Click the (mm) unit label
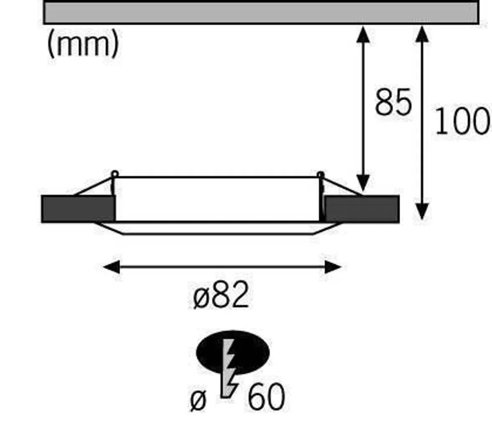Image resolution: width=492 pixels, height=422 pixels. (83, 44)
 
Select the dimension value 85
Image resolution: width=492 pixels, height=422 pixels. (393, 102)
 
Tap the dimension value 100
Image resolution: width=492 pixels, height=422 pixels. (462, 121)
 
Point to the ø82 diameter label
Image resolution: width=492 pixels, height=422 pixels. (221, 295)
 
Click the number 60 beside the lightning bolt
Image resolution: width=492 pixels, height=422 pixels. (266, 396)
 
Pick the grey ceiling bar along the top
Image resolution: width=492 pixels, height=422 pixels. (261, 13)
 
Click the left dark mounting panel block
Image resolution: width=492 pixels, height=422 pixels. (78, 209)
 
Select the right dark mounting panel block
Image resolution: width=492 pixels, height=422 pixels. (362, 209)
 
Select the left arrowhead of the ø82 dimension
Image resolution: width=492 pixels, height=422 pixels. (112, 267)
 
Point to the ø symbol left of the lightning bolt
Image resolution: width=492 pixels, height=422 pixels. (198, 401)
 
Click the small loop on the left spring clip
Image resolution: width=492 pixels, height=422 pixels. (115, 174)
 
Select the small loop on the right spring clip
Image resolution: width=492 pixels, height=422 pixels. (320, 174)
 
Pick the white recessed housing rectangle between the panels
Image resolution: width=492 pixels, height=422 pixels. (217, 199)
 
